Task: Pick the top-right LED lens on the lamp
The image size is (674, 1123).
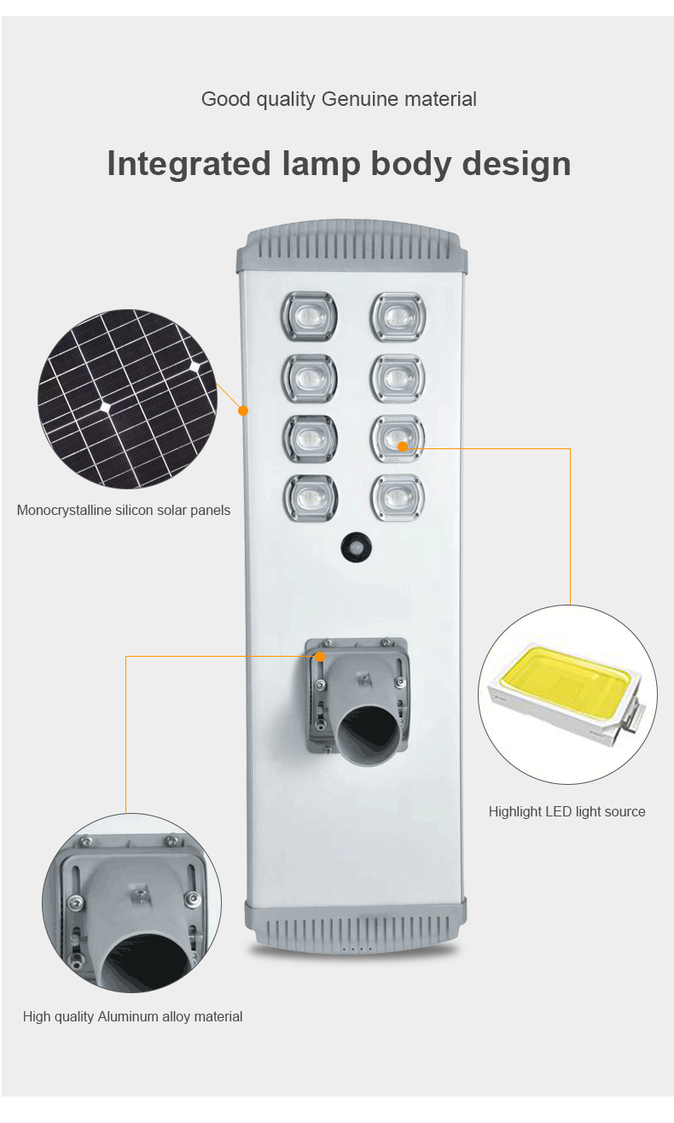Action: [x=398, y=317]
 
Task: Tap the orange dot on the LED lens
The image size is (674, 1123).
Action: [x=403, y=446]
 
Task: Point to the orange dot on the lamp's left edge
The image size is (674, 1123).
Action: [x=243, y=411]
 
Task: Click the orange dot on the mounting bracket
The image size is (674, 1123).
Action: [x=320, y=657]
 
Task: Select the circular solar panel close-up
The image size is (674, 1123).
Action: [x=128, y=400]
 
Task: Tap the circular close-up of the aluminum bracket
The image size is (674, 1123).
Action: [x=131, y=903]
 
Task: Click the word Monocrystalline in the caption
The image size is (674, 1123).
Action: [x=63, y=511]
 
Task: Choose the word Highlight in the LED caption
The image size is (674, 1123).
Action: [x=515, y=811]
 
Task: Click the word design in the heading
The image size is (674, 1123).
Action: [x=516, y=163]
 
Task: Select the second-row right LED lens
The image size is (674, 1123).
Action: [x=398, y=377]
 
